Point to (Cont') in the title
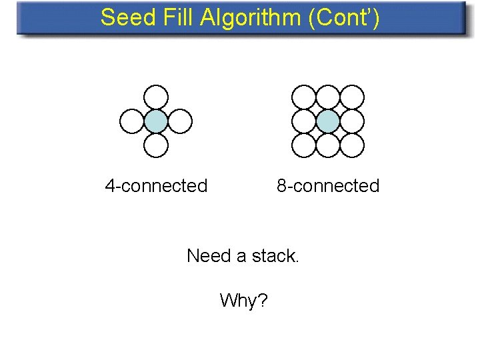[344, 18]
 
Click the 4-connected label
[156, 185]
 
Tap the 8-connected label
[328, 185]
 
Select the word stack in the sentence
[274, 256]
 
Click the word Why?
[243, 301]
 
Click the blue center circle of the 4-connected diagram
[156, 121]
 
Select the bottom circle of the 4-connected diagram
[156, 145]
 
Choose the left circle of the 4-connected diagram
[132, 121]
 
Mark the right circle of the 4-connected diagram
[180, 121]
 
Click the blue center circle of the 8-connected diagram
[328, 121]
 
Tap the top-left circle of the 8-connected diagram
[305, 97]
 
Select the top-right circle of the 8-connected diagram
[352, 97]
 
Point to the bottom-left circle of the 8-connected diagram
[305, 145]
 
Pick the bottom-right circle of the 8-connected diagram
[352, 145]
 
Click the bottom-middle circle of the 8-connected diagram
[328, 145]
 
